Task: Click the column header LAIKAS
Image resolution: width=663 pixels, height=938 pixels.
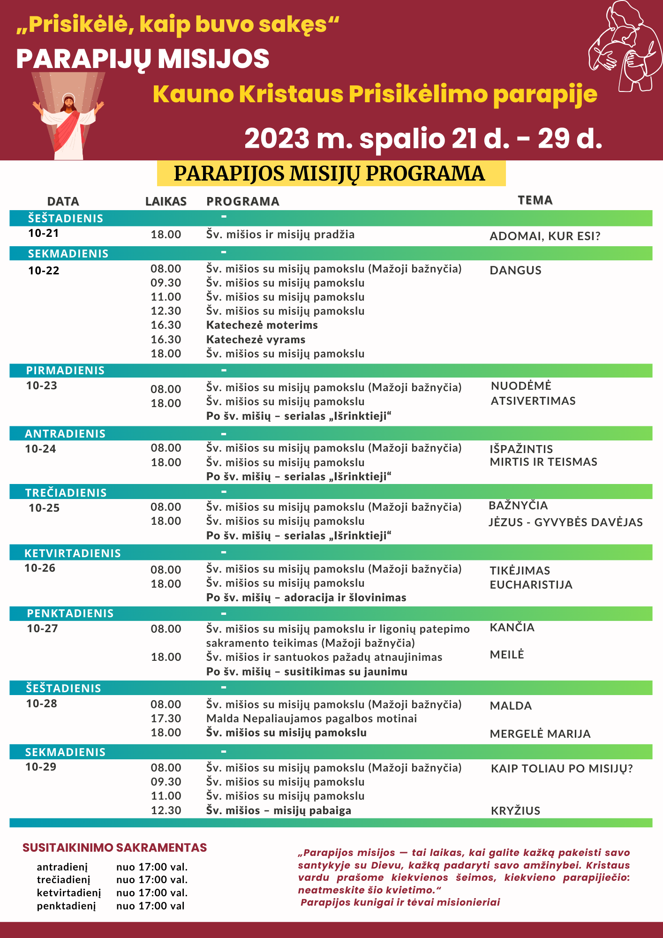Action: pos(166,202)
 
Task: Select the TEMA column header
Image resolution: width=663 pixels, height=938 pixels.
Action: pos(535,200)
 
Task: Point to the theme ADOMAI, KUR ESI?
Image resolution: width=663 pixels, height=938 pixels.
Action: pos(545,236)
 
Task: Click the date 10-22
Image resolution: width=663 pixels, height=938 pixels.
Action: pos(44,271)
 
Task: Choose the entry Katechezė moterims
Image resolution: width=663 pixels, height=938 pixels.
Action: pos(262,325)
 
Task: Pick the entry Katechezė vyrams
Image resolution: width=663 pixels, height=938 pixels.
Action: pos(256,340)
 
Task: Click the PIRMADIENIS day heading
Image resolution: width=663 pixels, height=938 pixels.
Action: pos(65,371)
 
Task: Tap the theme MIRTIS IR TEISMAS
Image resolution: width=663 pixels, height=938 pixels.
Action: pos(543,462)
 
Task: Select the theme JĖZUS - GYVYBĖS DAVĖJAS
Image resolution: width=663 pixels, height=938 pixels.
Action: pos(565,522)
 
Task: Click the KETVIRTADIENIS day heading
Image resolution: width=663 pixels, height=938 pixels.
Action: pos(73,553)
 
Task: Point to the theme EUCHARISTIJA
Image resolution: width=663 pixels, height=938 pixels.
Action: pos(531,585)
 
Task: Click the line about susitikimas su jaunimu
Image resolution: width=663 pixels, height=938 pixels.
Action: pos(307,672)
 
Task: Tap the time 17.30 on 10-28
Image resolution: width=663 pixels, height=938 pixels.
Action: pos(166,719)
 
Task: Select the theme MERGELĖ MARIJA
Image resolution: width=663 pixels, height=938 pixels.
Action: pos(540,734)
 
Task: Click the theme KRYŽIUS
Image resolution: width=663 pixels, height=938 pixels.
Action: pos(515,811)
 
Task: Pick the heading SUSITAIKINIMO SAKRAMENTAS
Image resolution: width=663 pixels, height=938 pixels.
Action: pos(115,848)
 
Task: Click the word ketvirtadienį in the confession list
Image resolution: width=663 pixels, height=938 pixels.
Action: pos(69,893)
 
